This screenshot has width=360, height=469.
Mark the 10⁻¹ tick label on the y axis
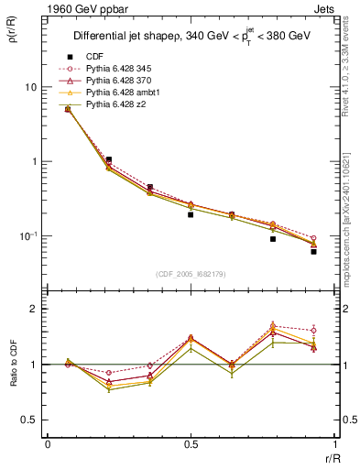coord(29,236)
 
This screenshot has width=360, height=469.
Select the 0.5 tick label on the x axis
coord(191,444)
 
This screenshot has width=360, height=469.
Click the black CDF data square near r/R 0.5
coord(191,214)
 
